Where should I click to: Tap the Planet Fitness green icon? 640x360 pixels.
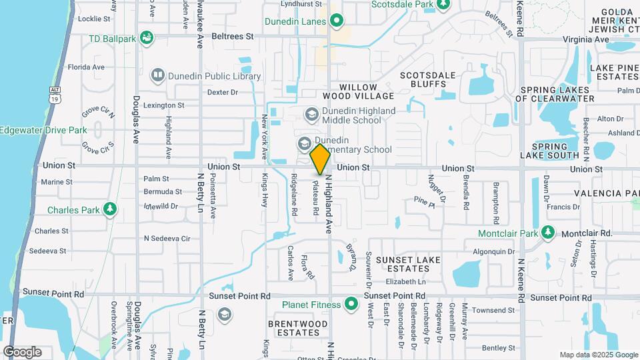[351, 305]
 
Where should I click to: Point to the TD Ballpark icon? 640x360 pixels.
[146, 37]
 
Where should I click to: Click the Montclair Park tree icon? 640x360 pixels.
[548, 233]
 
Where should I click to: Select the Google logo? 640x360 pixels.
[22, 352]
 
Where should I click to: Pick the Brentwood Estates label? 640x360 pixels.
[298, 328]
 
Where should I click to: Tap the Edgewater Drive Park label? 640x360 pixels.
[44, 130]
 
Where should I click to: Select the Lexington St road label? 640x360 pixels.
[163, 105]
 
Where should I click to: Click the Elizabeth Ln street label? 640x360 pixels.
[405, 282]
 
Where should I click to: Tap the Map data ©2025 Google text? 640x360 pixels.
[598, 355]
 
